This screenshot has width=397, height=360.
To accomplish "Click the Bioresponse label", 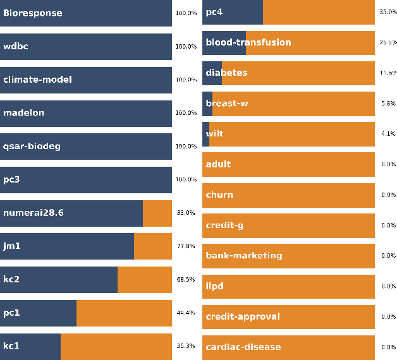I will pos(33,13).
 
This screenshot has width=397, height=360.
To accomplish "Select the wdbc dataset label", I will pos(16,46).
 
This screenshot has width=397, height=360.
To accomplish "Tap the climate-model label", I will pos(37,80).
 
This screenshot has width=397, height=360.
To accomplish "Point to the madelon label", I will pos(23,113).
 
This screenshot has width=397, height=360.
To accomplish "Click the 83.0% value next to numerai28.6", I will pos(185,213).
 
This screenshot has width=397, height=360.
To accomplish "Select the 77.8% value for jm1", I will pos(185,246).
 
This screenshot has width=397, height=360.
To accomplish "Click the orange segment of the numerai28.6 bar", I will pos(157,213).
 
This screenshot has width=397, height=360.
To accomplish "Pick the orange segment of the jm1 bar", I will pos(152,246).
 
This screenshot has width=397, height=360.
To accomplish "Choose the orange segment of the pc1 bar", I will pos(124,313).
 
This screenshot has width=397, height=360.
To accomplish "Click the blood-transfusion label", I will pos(248,42).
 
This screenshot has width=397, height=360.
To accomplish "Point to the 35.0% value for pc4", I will pos(388,12).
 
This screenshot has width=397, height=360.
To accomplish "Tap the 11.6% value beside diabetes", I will pos(388,73).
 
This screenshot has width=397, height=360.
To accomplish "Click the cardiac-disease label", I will pos(243,347).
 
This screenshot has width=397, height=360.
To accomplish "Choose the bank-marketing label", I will pos(244,256).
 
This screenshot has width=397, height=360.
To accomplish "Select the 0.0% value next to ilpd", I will pos(388,286).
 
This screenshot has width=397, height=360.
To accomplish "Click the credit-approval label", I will pos(243,316).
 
